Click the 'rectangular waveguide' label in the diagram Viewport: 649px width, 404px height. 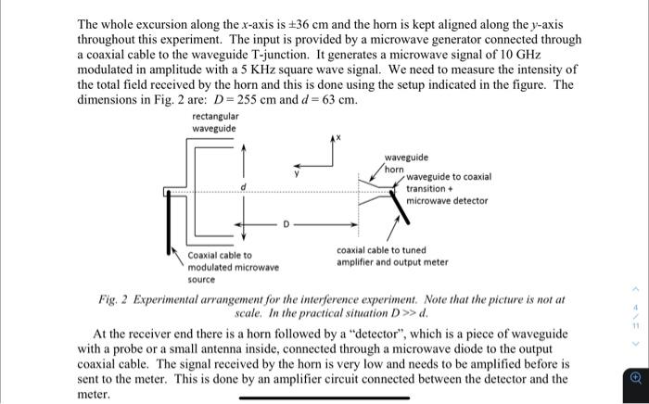pyautogui.click(x=214, y=121)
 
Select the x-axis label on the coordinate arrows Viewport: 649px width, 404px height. pyautogui.click(x=337, y=136)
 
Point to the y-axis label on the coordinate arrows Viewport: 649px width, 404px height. pyautogui.click(x=297, y=172)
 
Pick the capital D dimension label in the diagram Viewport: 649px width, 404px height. pyautogui.click(x=286, y=223)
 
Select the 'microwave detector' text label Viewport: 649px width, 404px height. pyautogui.click(x=447, y=200)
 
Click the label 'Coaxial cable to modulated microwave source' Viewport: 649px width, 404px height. pyautogui.click(x=233, y=267)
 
